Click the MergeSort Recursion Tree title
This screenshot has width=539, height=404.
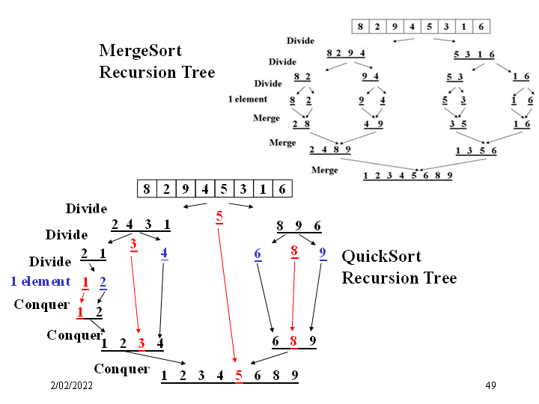[x=156, y=61]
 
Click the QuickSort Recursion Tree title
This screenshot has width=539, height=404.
[x=399, y=267]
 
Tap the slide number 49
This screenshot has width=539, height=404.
[x=490, y=385]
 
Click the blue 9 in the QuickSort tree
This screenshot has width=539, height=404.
[x=323, y=253]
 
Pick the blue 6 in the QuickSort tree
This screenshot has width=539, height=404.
[x=258, y=254]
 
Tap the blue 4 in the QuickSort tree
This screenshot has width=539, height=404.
[x=164, y=253]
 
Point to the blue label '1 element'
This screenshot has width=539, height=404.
[x=40, y=281]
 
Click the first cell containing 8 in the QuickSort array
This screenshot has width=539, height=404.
[x=147, y=189]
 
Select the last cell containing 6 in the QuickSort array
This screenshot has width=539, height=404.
[x=281, y=189]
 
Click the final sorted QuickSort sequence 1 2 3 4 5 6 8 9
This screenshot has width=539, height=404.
[x=229, y=376]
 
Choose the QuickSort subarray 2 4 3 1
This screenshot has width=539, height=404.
[x=141, y=224]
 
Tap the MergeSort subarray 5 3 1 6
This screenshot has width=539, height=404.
[x=474, y=53]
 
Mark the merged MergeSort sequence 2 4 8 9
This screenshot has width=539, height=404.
[x=330, y=149]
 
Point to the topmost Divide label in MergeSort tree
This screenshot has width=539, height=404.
[x=300, y=40]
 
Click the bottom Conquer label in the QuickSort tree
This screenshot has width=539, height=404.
[x=121, y=369]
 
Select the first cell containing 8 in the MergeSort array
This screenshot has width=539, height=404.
[x=360, y=26]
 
